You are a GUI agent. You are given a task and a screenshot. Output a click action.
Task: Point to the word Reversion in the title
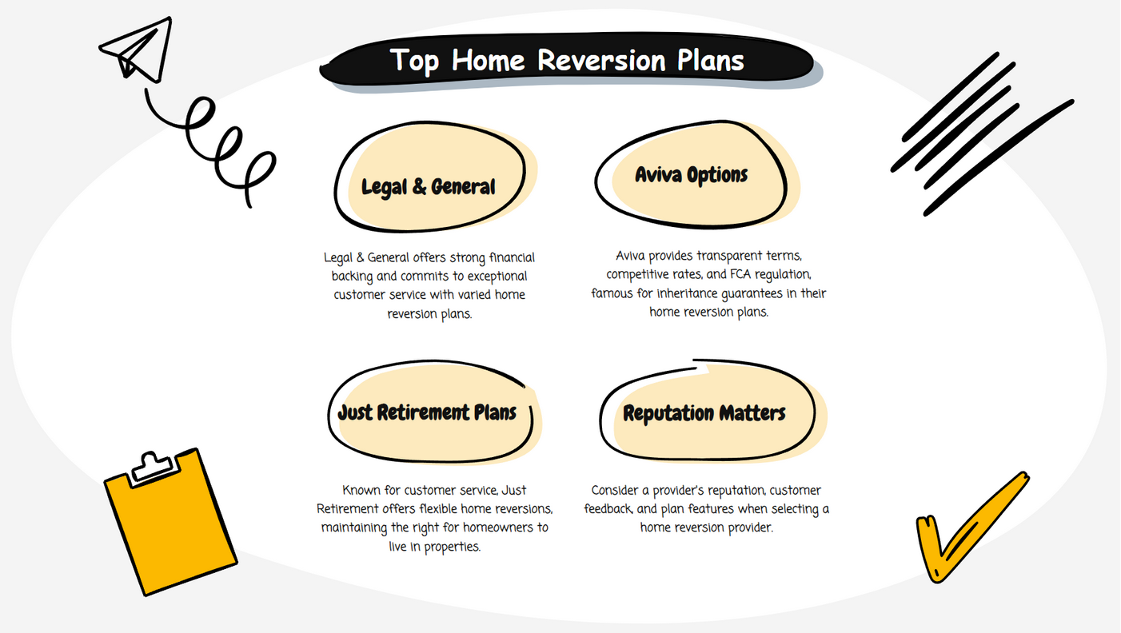(602, 61)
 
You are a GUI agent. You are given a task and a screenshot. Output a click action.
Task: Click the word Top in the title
(415, 62)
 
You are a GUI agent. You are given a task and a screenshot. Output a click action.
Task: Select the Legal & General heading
(429, 187)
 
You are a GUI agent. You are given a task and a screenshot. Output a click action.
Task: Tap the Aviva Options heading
(691, 175)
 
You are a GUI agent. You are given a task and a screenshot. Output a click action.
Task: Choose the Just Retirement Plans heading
(427, 413)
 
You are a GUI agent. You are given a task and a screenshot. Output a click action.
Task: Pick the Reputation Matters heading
(704, 413)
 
